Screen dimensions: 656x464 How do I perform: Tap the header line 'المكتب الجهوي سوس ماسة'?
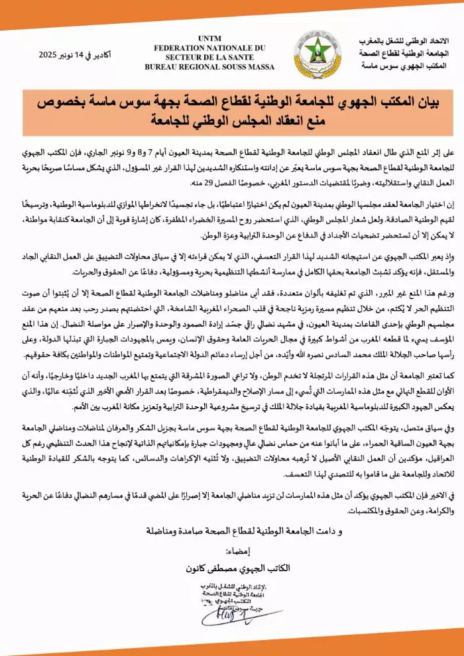pyautogui.click(x=401, y=66)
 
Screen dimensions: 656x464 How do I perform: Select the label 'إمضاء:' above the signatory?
pyautogui.click(x=236, y=551)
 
